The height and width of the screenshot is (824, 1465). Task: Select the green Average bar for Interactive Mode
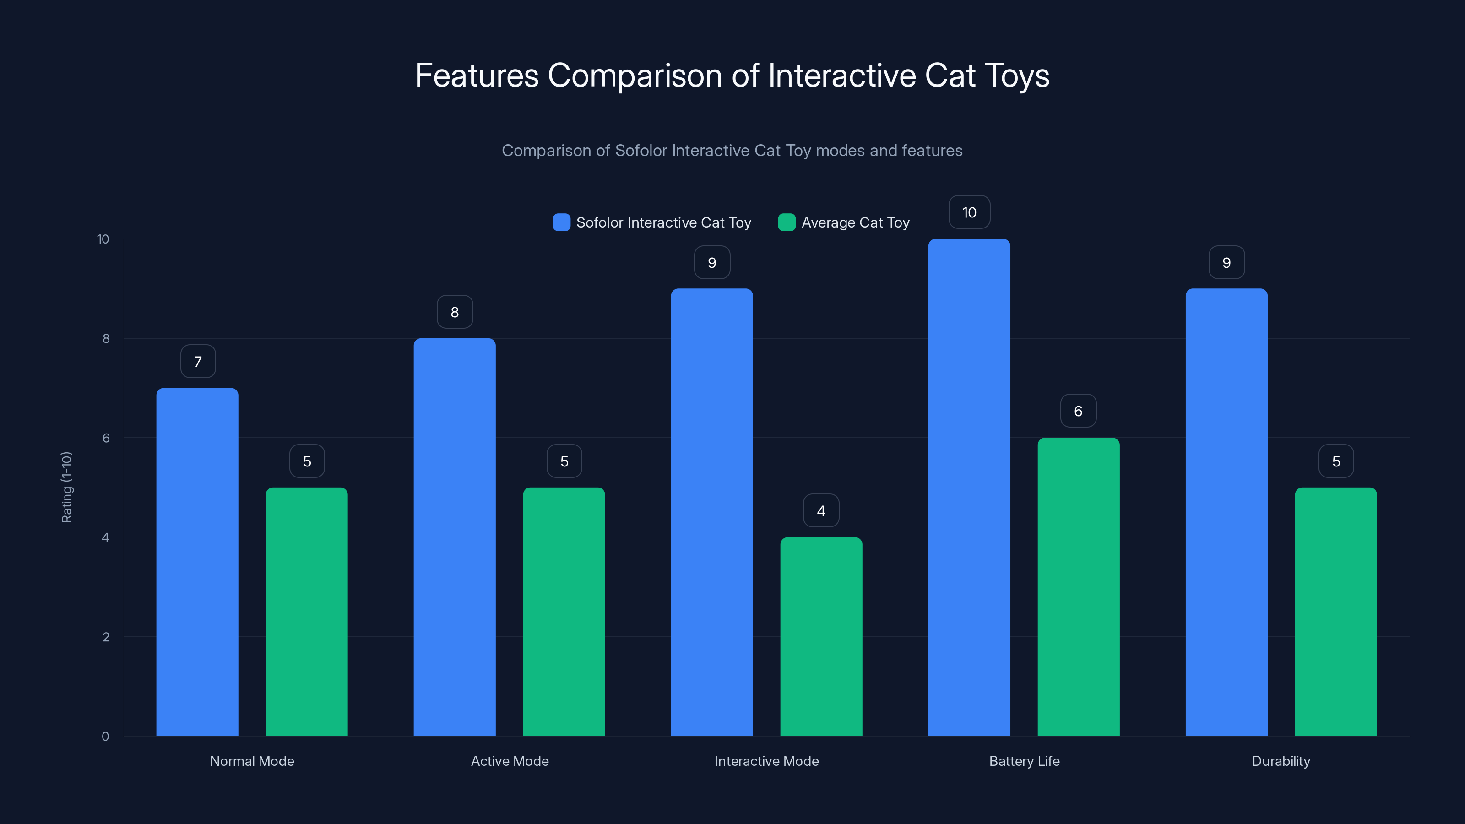(821, 636)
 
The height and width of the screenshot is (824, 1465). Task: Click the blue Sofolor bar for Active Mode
(455, 537)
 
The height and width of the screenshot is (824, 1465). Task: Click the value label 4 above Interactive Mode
(821, 511)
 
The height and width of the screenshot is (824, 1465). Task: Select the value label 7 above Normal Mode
(198, 362)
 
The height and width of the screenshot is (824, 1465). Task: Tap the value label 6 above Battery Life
(1078, 411)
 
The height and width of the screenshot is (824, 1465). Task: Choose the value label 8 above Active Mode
(455, 312)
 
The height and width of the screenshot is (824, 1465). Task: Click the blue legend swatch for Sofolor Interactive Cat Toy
(561, 222)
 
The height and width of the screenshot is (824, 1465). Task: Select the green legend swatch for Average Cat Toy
(787, 222)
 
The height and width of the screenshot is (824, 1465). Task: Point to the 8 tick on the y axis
(106, 339)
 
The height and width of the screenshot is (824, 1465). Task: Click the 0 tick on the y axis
(105, 737)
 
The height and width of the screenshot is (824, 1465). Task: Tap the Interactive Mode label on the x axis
(766, 761)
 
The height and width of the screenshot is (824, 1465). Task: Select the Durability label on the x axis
(1281, 761)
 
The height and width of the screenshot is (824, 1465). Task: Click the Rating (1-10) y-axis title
(66, 488)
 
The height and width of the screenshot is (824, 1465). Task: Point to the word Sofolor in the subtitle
(641, 151)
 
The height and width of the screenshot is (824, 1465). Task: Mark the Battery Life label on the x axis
(1024, 761)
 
